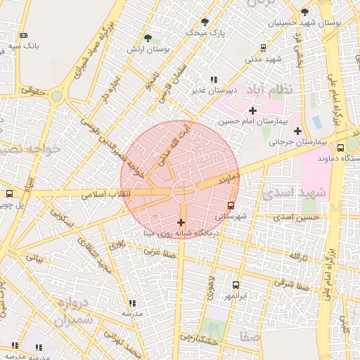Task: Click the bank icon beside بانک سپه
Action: coord(25,35)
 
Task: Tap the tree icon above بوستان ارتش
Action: coord(148,38)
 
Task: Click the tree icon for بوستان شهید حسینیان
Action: coord(304,12)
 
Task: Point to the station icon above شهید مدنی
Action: coord(263,48)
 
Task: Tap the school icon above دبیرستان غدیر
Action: coord(213,79)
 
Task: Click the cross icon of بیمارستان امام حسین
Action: coord(252,110)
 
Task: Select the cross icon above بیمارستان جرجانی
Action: coord(297,131)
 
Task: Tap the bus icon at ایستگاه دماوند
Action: coord(341,148)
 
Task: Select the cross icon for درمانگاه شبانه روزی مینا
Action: coord(181,221)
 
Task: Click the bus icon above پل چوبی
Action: coord(9,193)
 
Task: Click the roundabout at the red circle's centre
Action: coord(184,189)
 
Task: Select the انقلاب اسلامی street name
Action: coord(103,194)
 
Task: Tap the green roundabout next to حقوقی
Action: coord(56,96)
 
